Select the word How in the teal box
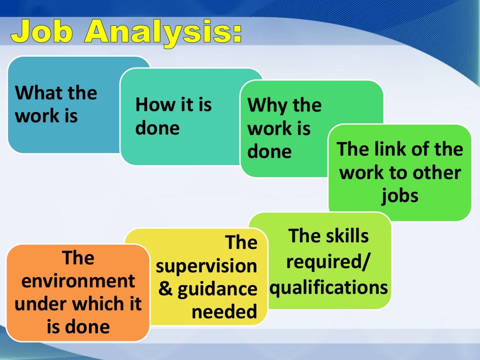pyautogui.click(x=150, y=105)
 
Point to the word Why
pyautogui.click(x=265, y=106)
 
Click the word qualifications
pyautogui.click(x=329, y=286)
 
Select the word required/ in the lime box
pyautogui.click(x=327, y=261)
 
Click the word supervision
pyautogui.click(x=207, y=266)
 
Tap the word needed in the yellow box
pyautogui.click(x=225, y=312)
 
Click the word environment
pyautogui.click(x=78, y=281)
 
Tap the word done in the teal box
pyautogui.click(x=157, y=128)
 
